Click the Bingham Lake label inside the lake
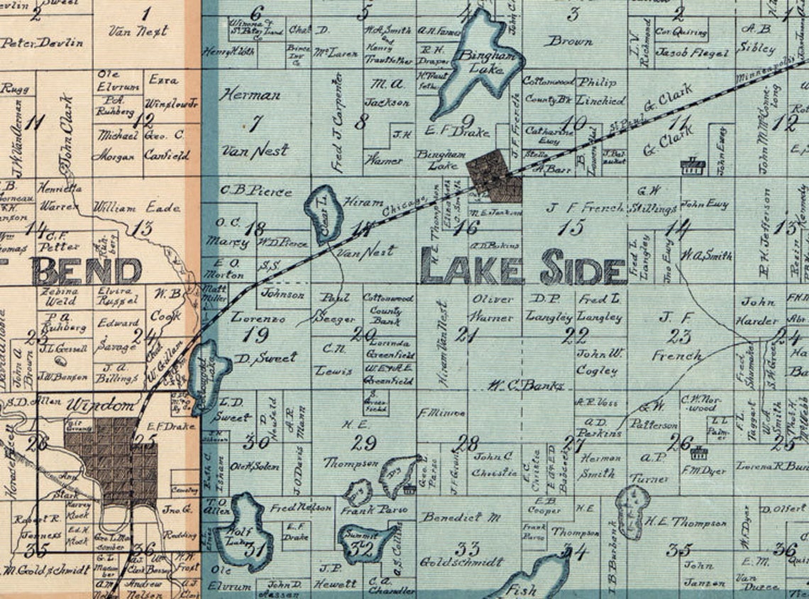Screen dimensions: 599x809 (482, 62)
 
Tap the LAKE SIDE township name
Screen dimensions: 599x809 (523, 267)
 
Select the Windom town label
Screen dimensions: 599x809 (101, 407)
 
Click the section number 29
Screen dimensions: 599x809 (363, 444)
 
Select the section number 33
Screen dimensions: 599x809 (467, 549)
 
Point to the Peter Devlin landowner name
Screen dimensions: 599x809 (42, 43)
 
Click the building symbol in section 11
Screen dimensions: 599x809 (692, 167)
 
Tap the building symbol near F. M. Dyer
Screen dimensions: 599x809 (699, 452)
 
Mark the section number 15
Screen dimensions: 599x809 (571, 227)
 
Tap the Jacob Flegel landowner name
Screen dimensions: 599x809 (691, 53)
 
